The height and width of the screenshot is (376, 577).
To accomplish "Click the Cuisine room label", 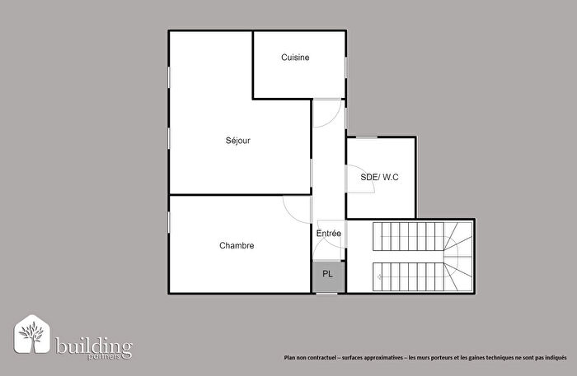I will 295,57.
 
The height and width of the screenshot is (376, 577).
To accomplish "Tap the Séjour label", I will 237,140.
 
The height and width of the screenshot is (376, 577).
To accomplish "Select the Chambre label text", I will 237,245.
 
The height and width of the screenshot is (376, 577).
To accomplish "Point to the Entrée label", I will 329,234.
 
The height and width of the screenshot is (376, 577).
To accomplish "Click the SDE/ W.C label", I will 380,177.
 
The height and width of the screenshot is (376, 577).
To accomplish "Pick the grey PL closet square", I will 328,275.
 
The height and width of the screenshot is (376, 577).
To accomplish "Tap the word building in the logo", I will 93,344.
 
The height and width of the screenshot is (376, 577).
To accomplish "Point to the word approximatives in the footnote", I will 380,357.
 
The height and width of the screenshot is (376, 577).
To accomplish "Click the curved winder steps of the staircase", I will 457,255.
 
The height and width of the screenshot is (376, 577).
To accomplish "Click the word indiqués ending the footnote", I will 556,357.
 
